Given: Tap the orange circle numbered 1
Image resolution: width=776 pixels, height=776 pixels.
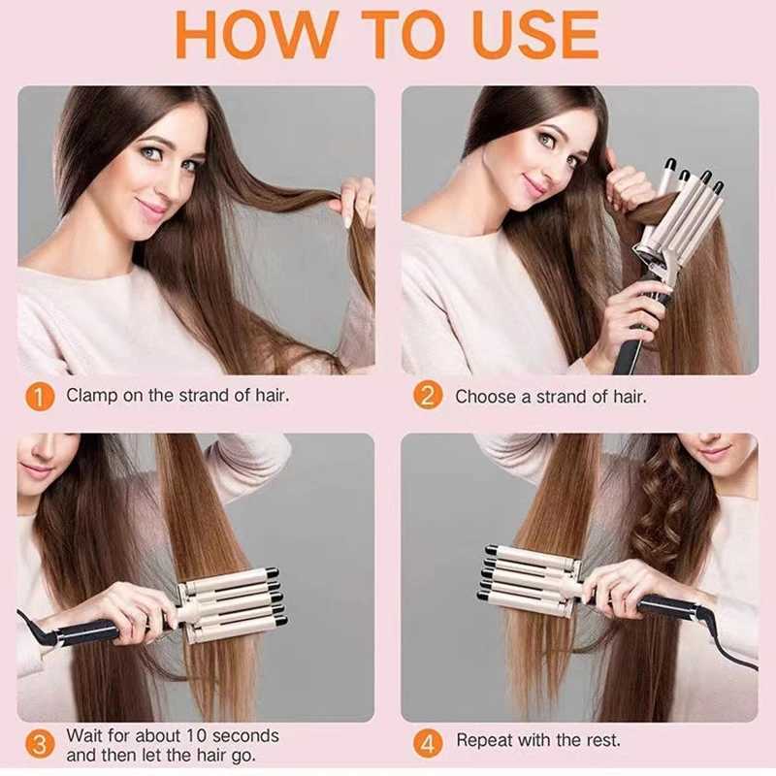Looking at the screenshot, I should coord(38,397).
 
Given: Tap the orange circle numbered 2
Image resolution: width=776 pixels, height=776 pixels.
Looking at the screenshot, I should coord(428,397).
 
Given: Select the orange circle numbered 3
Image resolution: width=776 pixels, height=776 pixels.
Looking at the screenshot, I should coord(38,745).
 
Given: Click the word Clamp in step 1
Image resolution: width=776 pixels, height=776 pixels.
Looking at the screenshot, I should coord(92,396).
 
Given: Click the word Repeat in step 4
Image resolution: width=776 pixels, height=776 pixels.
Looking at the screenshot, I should coord(486,741).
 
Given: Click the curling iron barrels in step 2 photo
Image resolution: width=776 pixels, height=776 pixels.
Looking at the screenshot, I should coord(684,209).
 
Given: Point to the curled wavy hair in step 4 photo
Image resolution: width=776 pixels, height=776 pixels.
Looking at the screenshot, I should coord(669,514).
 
